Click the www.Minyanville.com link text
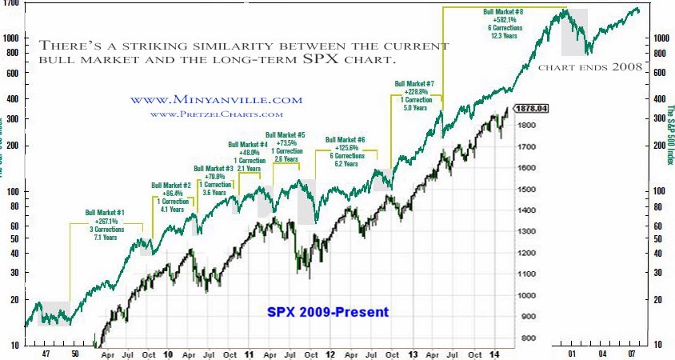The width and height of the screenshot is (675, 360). click(216, 100)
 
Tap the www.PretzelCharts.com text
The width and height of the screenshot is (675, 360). click(216, 114)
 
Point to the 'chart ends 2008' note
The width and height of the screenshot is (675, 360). click(590, 68)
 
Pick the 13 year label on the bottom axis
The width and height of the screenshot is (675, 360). click(413, 352)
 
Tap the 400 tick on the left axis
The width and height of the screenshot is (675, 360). click(11, 99)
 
